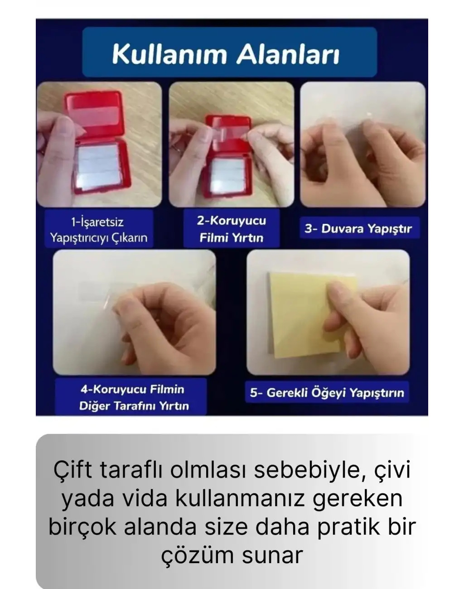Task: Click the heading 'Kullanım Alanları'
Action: [x=225, y=54]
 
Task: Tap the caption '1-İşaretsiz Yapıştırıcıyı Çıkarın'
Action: [x=98, y=230]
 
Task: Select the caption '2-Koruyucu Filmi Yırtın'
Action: [x=231, y=229]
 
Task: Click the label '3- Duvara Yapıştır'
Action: [x=358, y=228]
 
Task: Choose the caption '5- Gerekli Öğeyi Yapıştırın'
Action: [x=327, y=392]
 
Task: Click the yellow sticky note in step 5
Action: [x=299, y=313]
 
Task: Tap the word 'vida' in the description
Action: [x=146, y=498]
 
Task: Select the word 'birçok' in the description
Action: [x=82, y=527]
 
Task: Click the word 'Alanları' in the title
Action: [x=287, y=54]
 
